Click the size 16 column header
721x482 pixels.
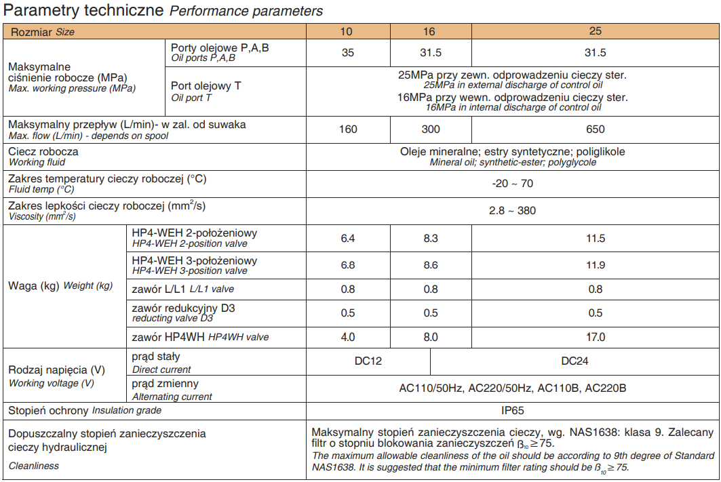pos(431,31)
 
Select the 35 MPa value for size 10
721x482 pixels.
pos(348,53)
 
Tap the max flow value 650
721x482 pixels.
pos(595,129)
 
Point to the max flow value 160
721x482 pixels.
pos(348,129)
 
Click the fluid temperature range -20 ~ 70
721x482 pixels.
pos(512,183)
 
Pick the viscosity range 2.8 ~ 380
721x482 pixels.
pos(512,210)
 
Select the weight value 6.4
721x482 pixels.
pos(348,238)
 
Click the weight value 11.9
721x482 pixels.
pos(595,265)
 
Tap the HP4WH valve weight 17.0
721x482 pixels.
pos(595,337)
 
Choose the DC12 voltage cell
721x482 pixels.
pos(368,361)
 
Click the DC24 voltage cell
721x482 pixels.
pos(574,361)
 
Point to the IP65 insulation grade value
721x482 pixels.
pos(512,410)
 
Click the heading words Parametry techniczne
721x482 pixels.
pos(84,11)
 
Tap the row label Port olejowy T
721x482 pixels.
pos(206,86)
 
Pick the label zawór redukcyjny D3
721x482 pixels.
pos(184,308)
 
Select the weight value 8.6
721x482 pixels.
pos(431,265)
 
